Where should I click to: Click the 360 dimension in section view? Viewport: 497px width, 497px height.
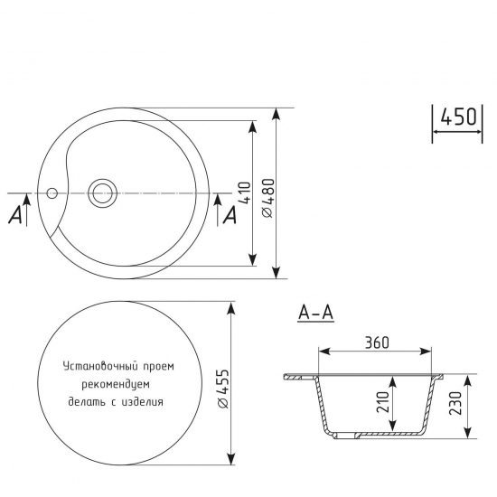coord(376,342)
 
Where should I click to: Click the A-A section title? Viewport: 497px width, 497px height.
coord(315,313)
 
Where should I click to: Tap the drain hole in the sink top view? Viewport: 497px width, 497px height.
coord(102,192)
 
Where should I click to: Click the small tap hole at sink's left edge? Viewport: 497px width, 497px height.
coord(52,192)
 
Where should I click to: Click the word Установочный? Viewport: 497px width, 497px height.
coord(97,367)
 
